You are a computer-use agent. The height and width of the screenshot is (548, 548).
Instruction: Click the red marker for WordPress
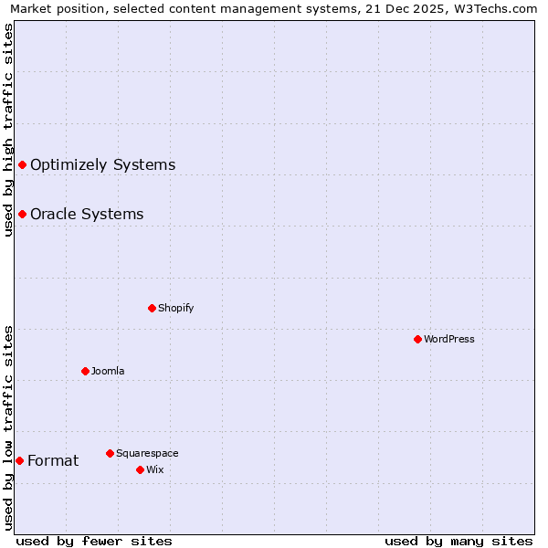click(x=417, y=339)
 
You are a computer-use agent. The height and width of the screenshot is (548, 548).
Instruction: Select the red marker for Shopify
click(x=152, y=308)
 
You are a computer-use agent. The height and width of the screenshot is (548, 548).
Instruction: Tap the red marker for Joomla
click(x=85, y=371)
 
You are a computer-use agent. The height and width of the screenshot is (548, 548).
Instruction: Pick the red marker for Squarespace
click(x=110, y=453)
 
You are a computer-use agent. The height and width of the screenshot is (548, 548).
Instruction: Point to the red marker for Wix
click(x=140, y=469)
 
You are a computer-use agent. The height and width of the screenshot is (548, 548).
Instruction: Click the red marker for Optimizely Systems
click(x=22, y=164)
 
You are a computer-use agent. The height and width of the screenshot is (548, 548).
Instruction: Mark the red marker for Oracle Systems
click(x=22, y=214)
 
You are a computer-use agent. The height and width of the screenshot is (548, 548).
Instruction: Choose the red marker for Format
click(x=19, y=460)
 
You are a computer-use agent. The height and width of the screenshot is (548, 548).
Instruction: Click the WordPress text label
click(x=449, y=339)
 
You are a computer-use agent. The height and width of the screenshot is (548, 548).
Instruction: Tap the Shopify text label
click(x=176, y=308)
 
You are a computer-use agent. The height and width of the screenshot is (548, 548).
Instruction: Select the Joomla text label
click(x=108, y=371)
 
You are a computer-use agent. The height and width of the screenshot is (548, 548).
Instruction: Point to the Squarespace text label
click(x=147, y=453)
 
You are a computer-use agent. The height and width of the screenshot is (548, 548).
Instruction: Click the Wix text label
click(x=154, y=469)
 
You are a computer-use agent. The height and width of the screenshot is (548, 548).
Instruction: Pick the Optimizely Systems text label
click(x=102, y=164)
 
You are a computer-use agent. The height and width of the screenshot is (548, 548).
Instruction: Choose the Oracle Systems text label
click(x=87, y=214)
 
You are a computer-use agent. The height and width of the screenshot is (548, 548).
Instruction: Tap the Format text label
click(x=53, y=460)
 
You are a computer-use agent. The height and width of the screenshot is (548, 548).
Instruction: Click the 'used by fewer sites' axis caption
click(x=94, y=541)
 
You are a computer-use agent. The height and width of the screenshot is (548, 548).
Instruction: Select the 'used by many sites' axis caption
click(x=458, y=541)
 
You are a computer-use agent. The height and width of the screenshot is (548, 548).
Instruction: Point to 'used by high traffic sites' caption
click(x=8, y=130)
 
